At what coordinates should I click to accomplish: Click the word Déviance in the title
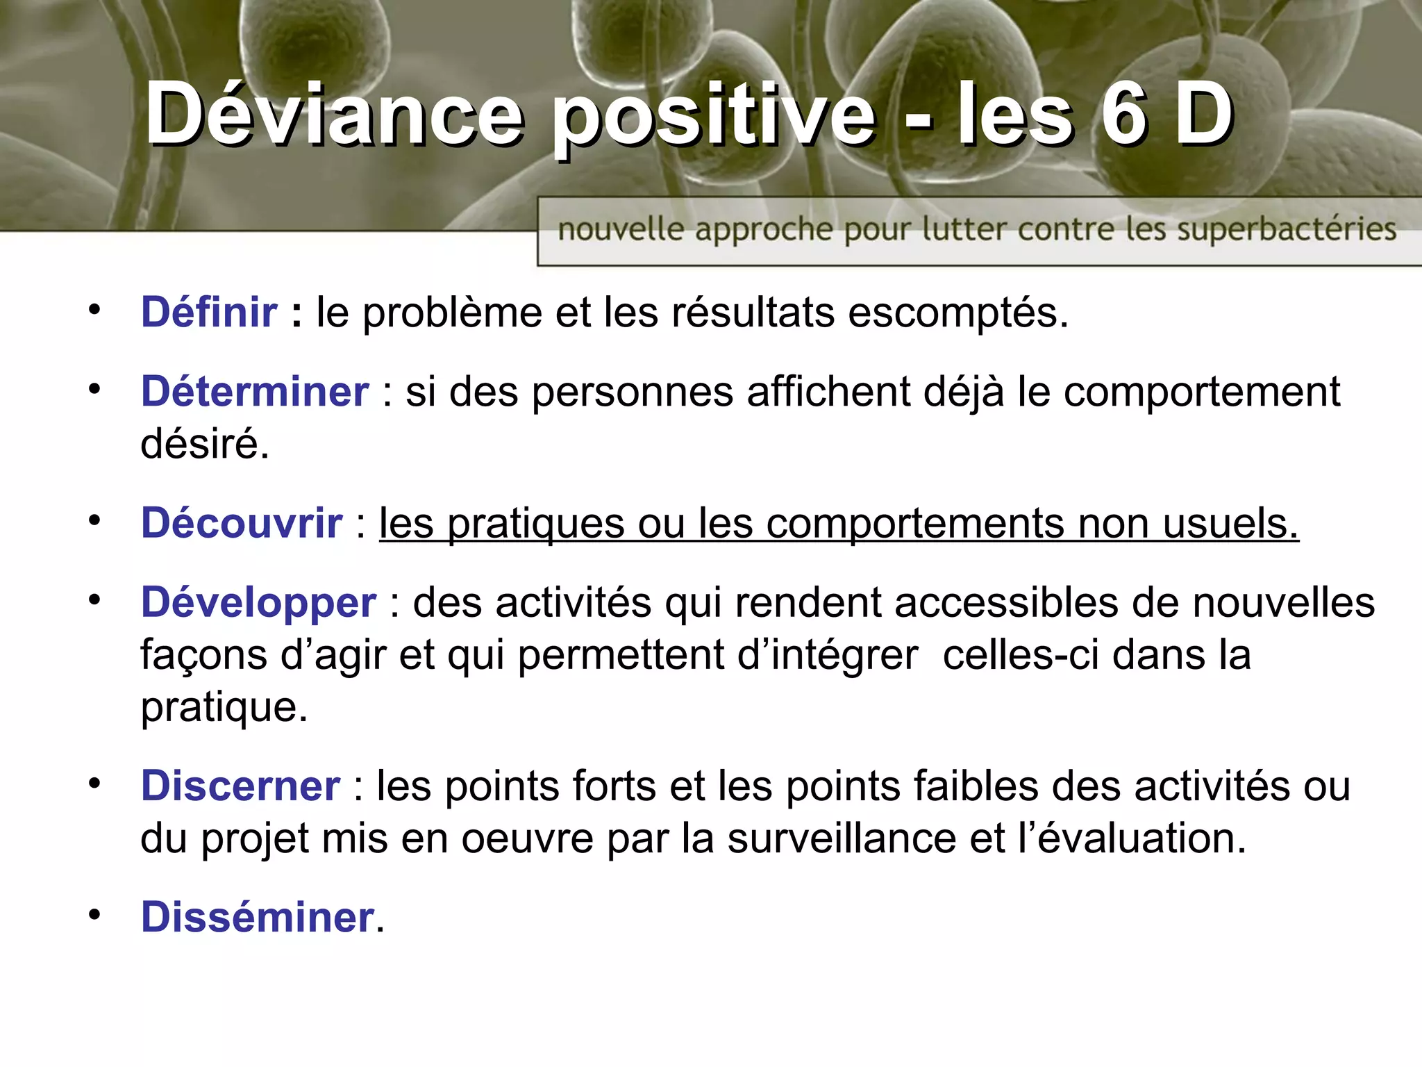[x=333, y=115]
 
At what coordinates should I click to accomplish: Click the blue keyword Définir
[x=209, y=312]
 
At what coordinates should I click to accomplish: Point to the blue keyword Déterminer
[x=255, y=391]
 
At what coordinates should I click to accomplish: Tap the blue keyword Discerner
[x=240, y=786]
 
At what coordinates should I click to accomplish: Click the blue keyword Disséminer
[x=258, y=917]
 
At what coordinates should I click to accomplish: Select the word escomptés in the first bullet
[x=958, y=313]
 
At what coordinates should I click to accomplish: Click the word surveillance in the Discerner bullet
[x=841, y=838]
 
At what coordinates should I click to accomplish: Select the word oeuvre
[x=527, y=840]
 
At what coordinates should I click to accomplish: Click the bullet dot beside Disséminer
[x=94, y=915]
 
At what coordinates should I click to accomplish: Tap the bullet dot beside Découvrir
[x=94, y=520]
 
